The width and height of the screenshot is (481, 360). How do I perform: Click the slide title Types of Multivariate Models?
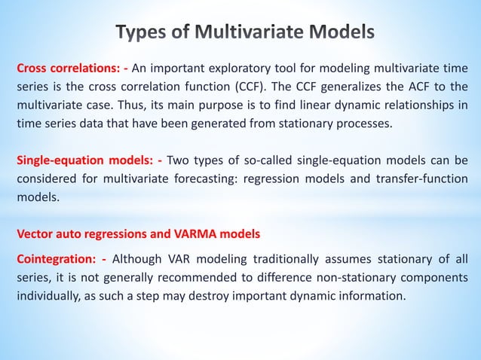click(245, 32)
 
